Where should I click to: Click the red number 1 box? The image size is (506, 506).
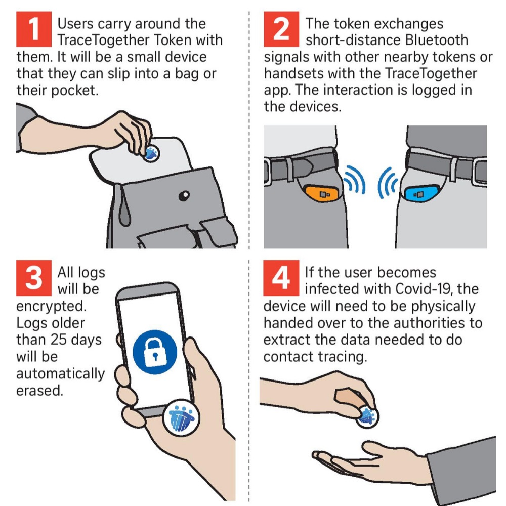pyautogui.click(x=34, y=29)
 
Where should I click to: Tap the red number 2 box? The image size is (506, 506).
pyautogui.click(x=281, y=29)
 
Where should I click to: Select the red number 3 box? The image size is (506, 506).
pyautogui.click(x=34, y=278)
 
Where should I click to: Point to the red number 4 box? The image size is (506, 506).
pyautogui.click(x=281, y=278)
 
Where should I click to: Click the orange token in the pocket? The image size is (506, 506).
pyautogui.click(x=322, y=193)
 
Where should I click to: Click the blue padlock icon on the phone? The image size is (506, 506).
pyautogui.click(x=155, y=352)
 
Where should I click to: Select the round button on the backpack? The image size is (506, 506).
pyautogui.click(x=184, y=195)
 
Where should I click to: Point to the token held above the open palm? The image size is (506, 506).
pyautogui.click(x=367, y=417)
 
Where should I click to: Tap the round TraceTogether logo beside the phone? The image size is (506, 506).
pyautogui.click(x=181, y=418)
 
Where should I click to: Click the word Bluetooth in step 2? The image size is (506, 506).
pyautogui.click(x=437, y=40)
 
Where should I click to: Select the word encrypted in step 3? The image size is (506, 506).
pyautogui.click(x=51, y=307)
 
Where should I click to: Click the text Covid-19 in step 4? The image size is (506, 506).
pyautogui.click(x=423, y=289)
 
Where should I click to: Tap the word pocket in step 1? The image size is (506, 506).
pyautogui.click(x=74, y=91)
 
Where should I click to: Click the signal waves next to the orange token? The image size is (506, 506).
pyautogui.click(x=355, y=180)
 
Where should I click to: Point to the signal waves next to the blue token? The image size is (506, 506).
pyautogui.click(x=388, y=183)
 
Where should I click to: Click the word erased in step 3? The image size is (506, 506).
pyautogui.click(x=39, y=391)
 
